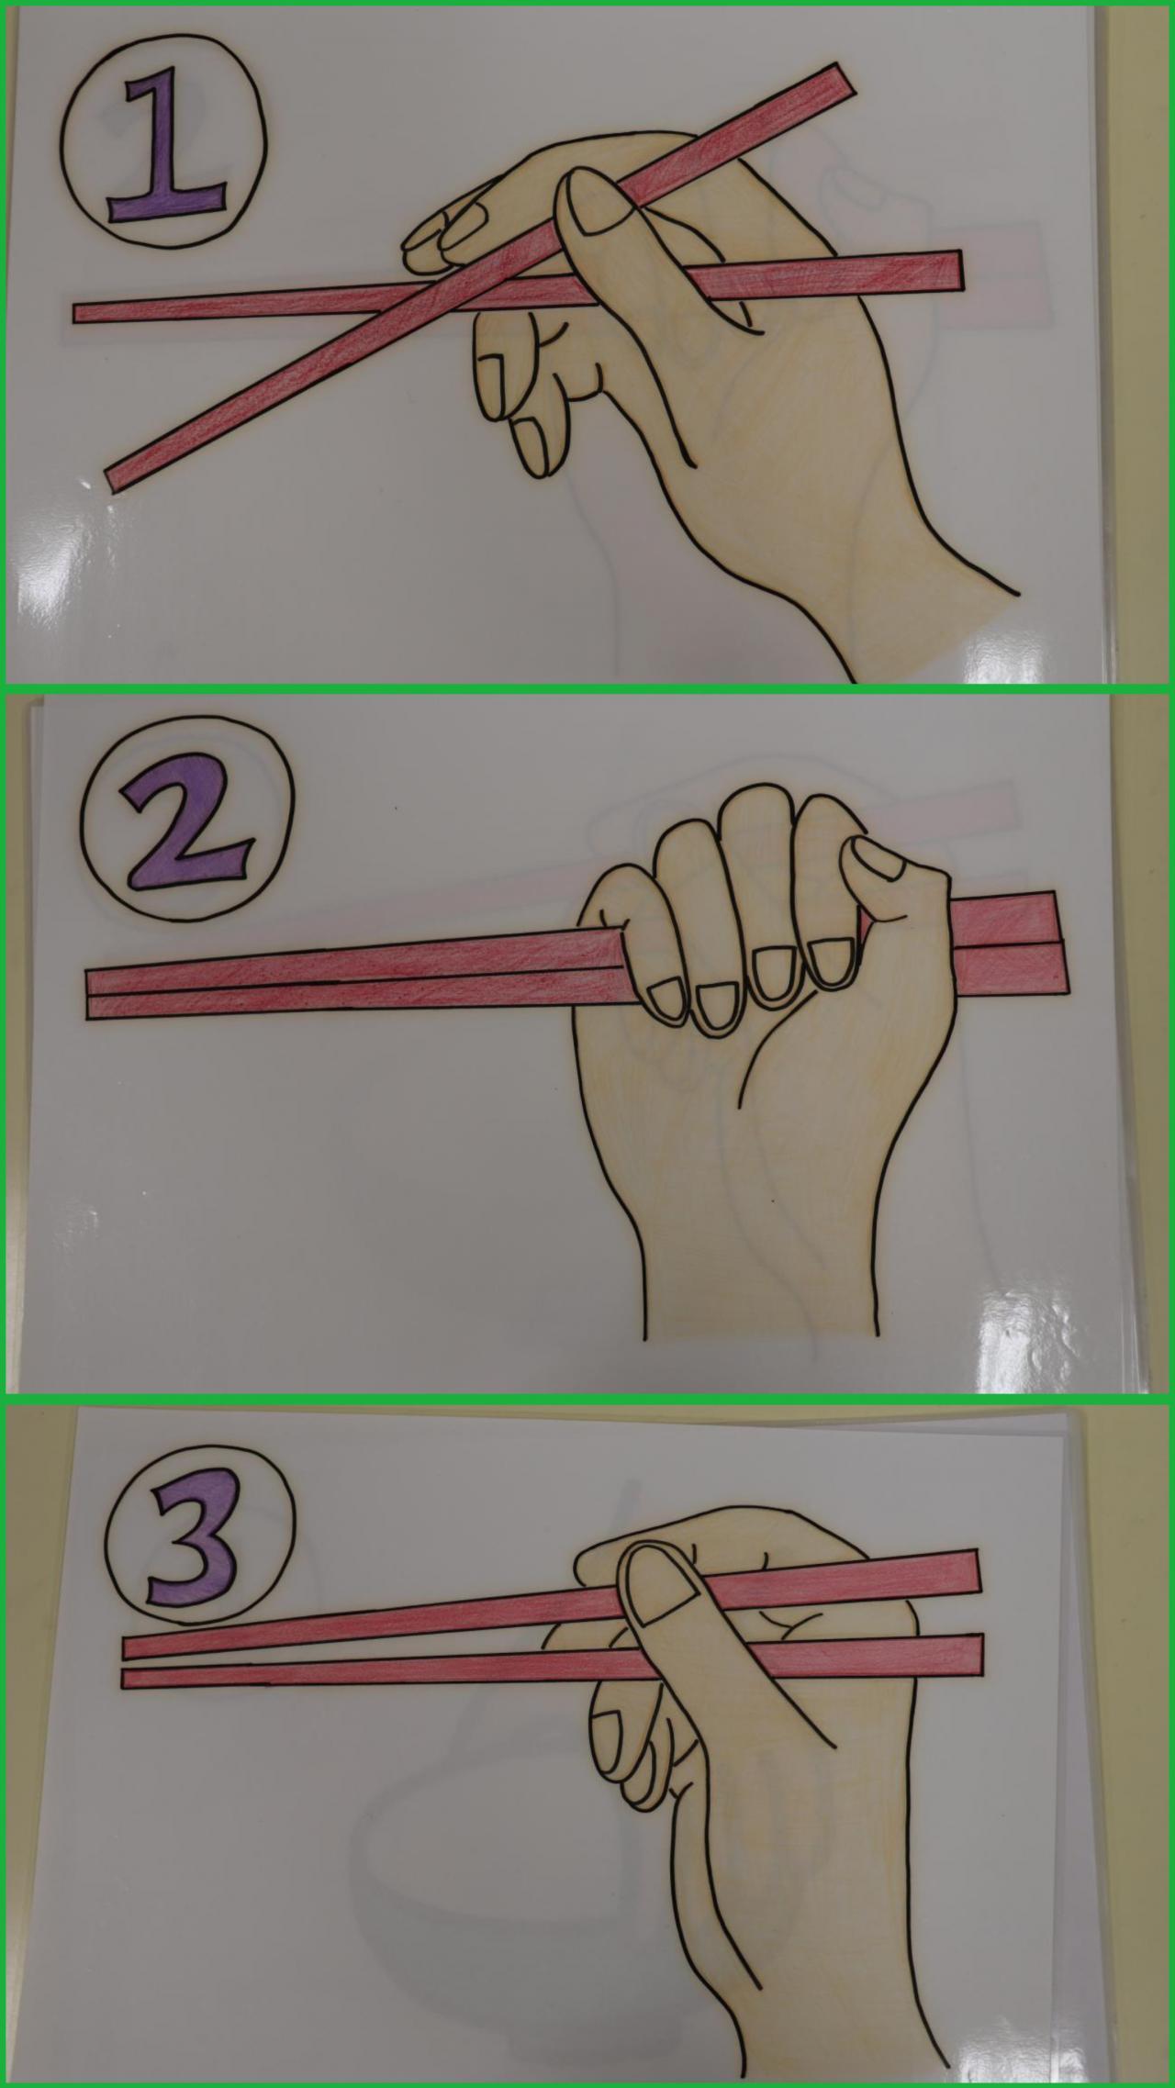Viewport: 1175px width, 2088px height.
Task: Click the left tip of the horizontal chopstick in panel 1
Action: (79, 313)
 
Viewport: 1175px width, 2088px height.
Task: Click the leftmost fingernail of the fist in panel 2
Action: (664, 999)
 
